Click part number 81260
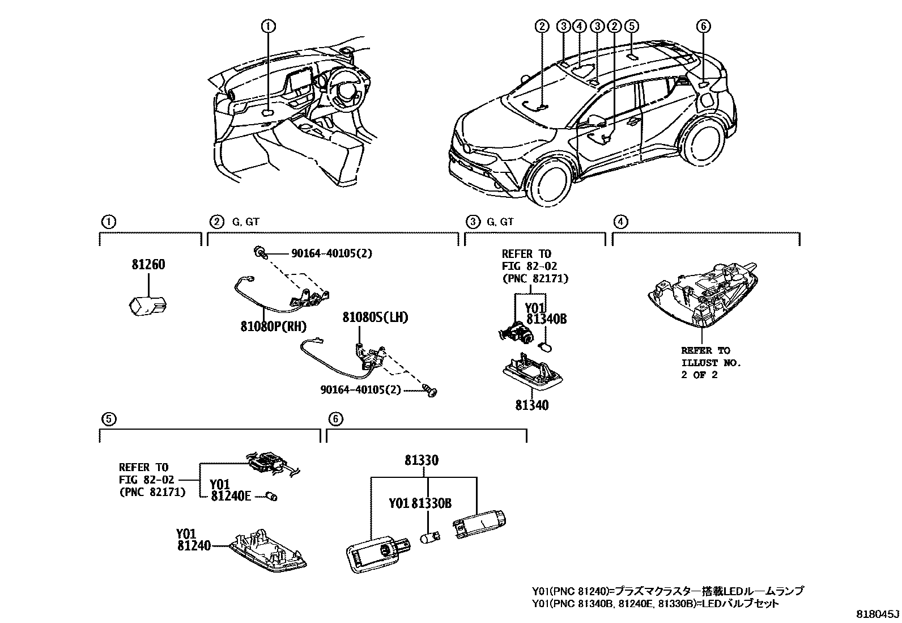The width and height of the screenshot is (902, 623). [148, 265]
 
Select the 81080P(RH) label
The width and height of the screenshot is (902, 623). [273, 327]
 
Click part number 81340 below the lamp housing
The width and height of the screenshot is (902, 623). [531, 405]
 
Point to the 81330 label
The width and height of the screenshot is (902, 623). [421, 461]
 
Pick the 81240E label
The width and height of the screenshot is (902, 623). [231, 496]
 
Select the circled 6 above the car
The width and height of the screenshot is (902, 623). [703, 26]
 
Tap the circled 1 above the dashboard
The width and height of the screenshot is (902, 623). [268, 26]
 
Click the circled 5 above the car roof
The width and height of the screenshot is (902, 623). [631, 26]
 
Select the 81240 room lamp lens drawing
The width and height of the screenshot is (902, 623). [268, 550]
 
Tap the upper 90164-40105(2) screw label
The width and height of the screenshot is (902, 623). [331, 253]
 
